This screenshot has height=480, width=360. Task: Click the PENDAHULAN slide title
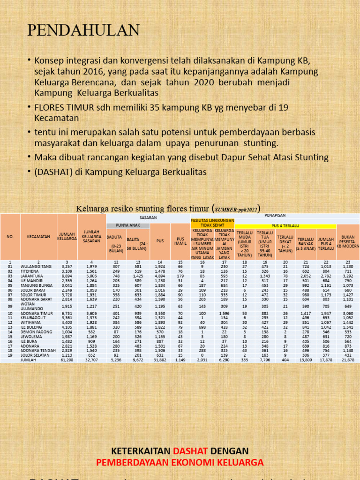83,30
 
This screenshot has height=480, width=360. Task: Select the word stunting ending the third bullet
260,142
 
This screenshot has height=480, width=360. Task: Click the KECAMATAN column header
38,237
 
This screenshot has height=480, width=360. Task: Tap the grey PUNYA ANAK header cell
127,225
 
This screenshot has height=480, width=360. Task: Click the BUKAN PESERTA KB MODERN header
348,241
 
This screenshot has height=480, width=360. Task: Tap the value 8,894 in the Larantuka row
67,277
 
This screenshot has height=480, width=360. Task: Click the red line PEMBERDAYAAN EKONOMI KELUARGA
180,463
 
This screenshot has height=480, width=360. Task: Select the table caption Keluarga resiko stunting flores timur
143,208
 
